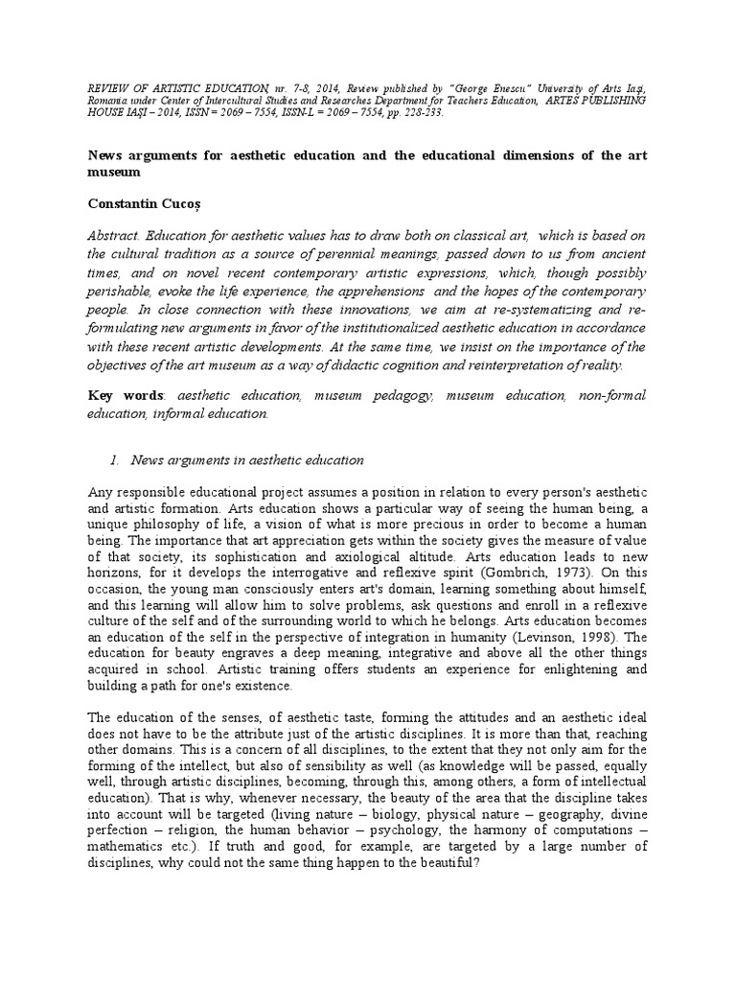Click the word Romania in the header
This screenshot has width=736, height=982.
click(109, 99)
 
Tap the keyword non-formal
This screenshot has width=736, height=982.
click(613, 394)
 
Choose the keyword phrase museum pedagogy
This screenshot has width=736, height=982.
click(370, 394)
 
